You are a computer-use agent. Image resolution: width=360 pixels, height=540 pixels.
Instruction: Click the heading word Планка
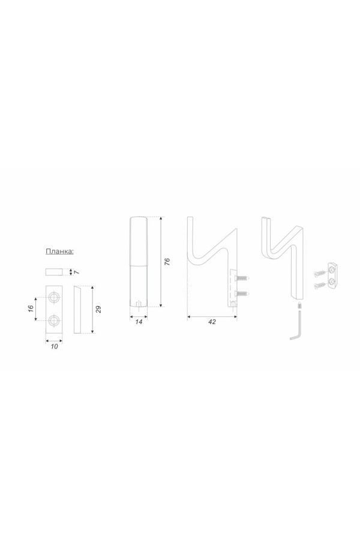[59, 251]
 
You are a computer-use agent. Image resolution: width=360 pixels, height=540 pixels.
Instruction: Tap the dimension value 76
[167, 262]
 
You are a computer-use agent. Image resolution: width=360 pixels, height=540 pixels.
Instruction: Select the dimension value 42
[212, 322]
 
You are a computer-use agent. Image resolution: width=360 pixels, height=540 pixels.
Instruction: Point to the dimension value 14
[139, 322]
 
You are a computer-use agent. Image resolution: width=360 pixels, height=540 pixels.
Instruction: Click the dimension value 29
[99, 309]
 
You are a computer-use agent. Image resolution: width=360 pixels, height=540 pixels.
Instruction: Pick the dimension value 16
[31, 308]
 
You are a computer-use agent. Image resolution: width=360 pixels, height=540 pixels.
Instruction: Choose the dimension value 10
[54, 346]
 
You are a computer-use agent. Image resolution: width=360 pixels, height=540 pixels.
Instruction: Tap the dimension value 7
[77, 272]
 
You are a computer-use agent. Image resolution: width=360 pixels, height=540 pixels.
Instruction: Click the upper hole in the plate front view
[54, 297]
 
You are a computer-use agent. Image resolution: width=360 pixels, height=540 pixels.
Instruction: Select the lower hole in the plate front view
[54, 321]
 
